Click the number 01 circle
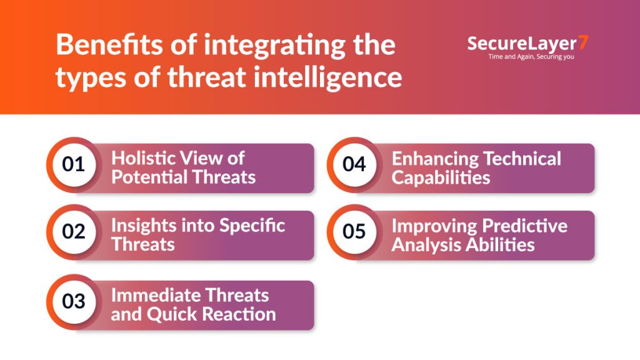74,164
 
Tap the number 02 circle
74,232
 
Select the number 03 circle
74,302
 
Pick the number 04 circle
354,164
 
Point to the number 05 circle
354,232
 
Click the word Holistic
142,158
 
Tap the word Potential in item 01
149,177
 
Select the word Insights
144,226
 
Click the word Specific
252,226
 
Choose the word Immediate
155,295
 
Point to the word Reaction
239,314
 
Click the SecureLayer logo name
522,44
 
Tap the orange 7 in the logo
584,42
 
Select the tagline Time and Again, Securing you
531,57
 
